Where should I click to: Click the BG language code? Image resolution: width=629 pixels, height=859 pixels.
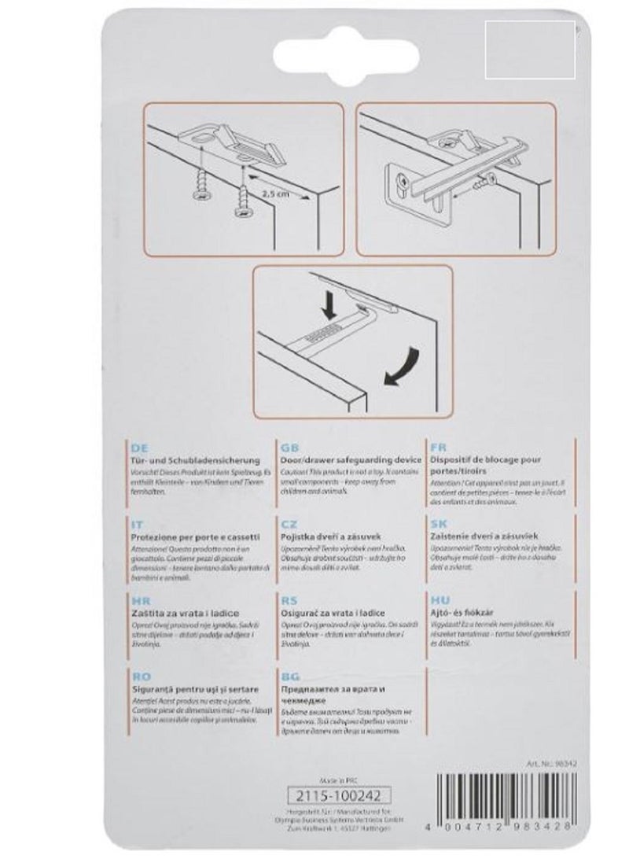[289, 675]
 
